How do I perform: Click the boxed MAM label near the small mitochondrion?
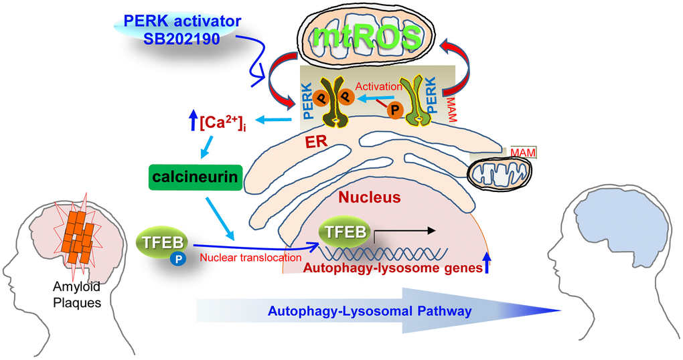tap(523, 153)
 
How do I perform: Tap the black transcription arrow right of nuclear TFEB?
tap(404, 231)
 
